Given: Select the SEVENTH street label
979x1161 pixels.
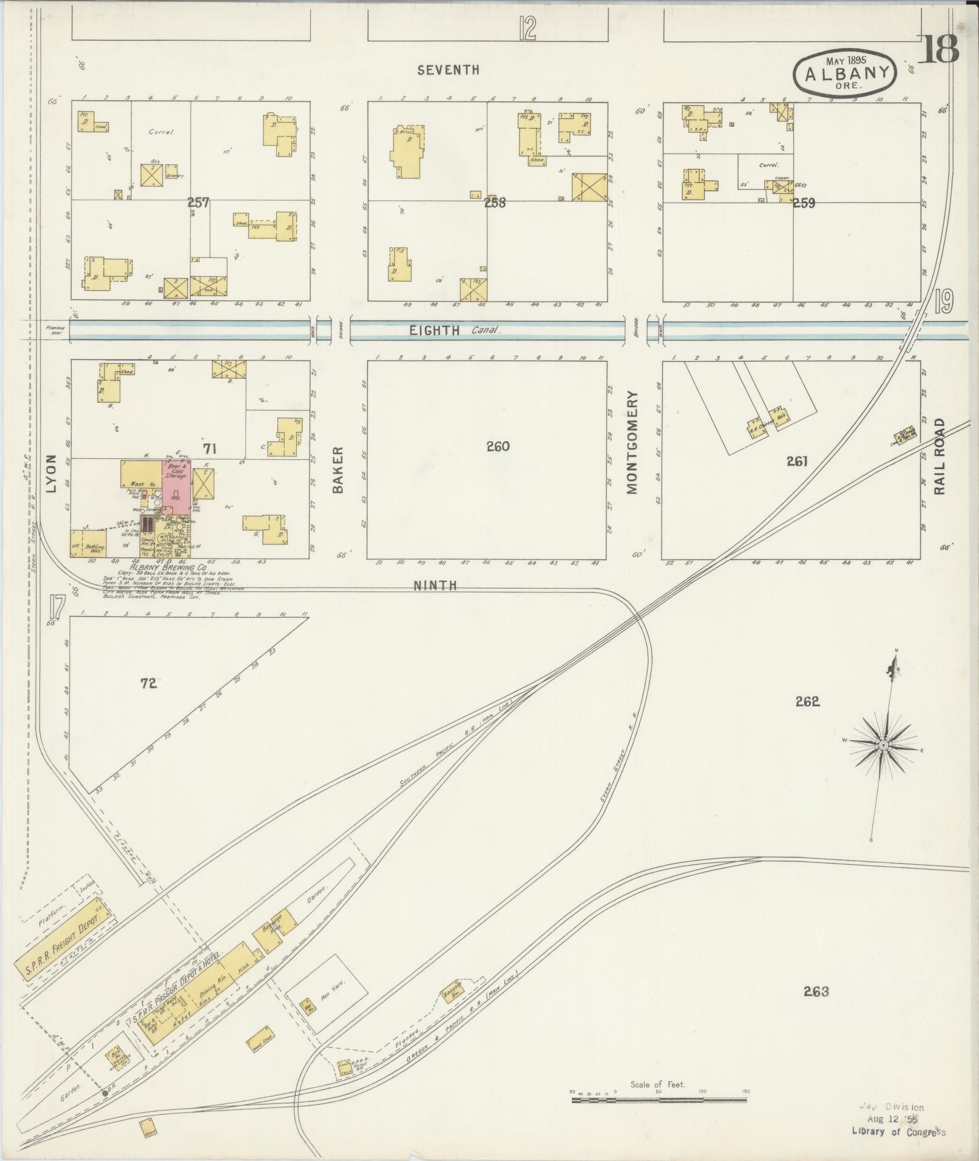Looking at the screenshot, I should [x=449, y=70].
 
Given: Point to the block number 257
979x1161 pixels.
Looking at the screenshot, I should [x=198, y=203].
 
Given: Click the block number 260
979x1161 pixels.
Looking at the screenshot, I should [x=498, y=447].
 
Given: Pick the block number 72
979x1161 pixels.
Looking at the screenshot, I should [x=149, y=683].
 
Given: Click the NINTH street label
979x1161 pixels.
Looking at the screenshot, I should [x=435, y=586].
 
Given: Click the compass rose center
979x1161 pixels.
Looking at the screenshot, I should [x=884, y=745].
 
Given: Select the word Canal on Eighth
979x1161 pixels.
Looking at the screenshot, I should [x=485, y=331].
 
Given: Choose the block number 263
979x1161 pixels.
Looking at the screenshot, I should [x=816, y=992].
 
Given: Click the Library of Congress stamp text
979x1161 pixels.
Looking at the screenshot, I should [x=899, y=1130].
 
